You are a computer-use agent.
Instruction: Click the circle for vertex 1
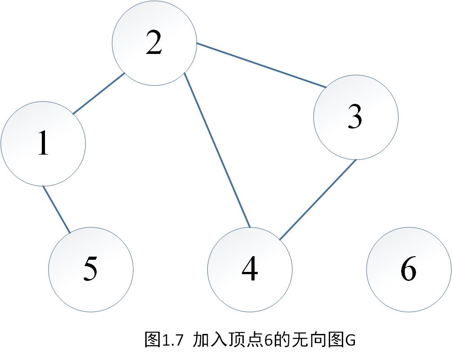[43, 144]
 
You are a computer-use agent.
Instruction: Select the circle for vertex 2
[154, 43]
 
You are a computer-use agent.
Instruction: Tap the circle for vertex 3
[355, 117]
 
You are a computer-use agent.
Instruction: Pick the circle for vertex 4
[250, 270]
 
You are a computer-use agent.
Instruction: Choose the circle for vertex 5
[91, 270]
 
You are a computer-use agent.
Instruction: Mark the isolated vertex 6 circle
[408, 270]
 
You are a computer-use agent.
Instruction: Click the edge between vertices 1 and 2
[98, 93]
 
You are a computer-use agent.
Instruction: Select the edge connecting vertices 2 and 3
[261, 65]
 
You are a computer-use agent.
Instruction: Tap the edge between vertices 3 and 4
[318, 200]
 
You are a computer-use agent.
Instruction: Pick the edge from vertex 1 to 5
[56, 209]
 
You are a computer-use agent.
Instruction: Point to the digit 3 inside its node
[355, 118]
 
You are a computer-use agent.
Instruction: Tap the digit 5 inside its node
[90, 270]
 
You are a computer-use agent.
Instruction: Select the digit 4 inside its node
[250, 270]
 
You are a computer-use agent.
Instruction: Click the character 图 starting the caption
[152, 340]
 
